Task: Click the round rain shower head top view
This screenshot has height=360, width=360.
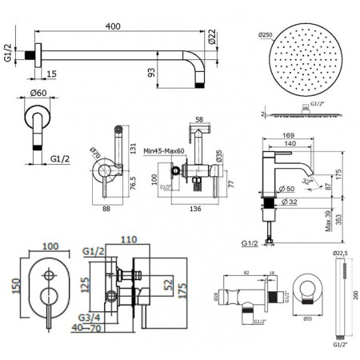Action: (303, 61)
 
